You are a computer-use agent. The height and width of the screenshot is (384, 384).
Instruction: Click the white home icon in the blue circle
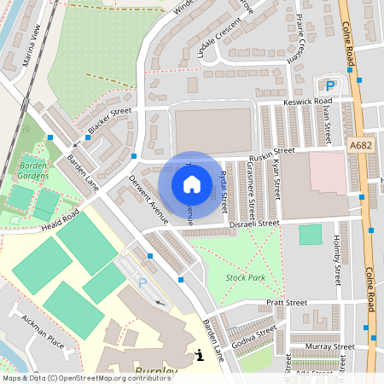pyautogui.click(x=192, y=183)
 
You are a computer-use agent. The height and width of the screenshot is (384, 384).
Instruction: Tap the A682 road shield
pyautogui.click(x=361, y=148)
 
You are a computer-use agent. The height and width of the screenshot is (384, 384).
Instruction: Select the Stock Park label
pyautogui.click(x=245, y=278)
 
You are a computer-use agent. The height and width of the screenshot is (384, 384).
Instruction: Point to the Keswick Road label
pyautogui.click(x=307, y=102)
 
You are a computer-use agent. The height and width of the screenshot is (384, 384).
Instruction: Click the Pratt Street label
pyautogui.click(x=286, y=302)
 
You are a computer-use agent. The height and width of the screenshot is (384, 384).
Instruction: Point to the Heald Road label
pyautogui.click(x=59, y=218)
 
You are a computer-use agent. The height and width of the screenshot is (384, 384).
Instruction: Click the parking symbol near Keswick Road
pyautogui.click(x=330, y=84)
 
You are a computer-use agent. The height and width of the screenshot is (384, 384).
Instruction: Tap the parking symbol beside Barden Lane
pyautogui.click(x=143, y=282)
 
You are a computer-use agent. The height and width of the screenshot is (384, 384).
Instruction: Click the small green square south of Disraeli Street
pyautogui.click(x=311, y=235)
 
